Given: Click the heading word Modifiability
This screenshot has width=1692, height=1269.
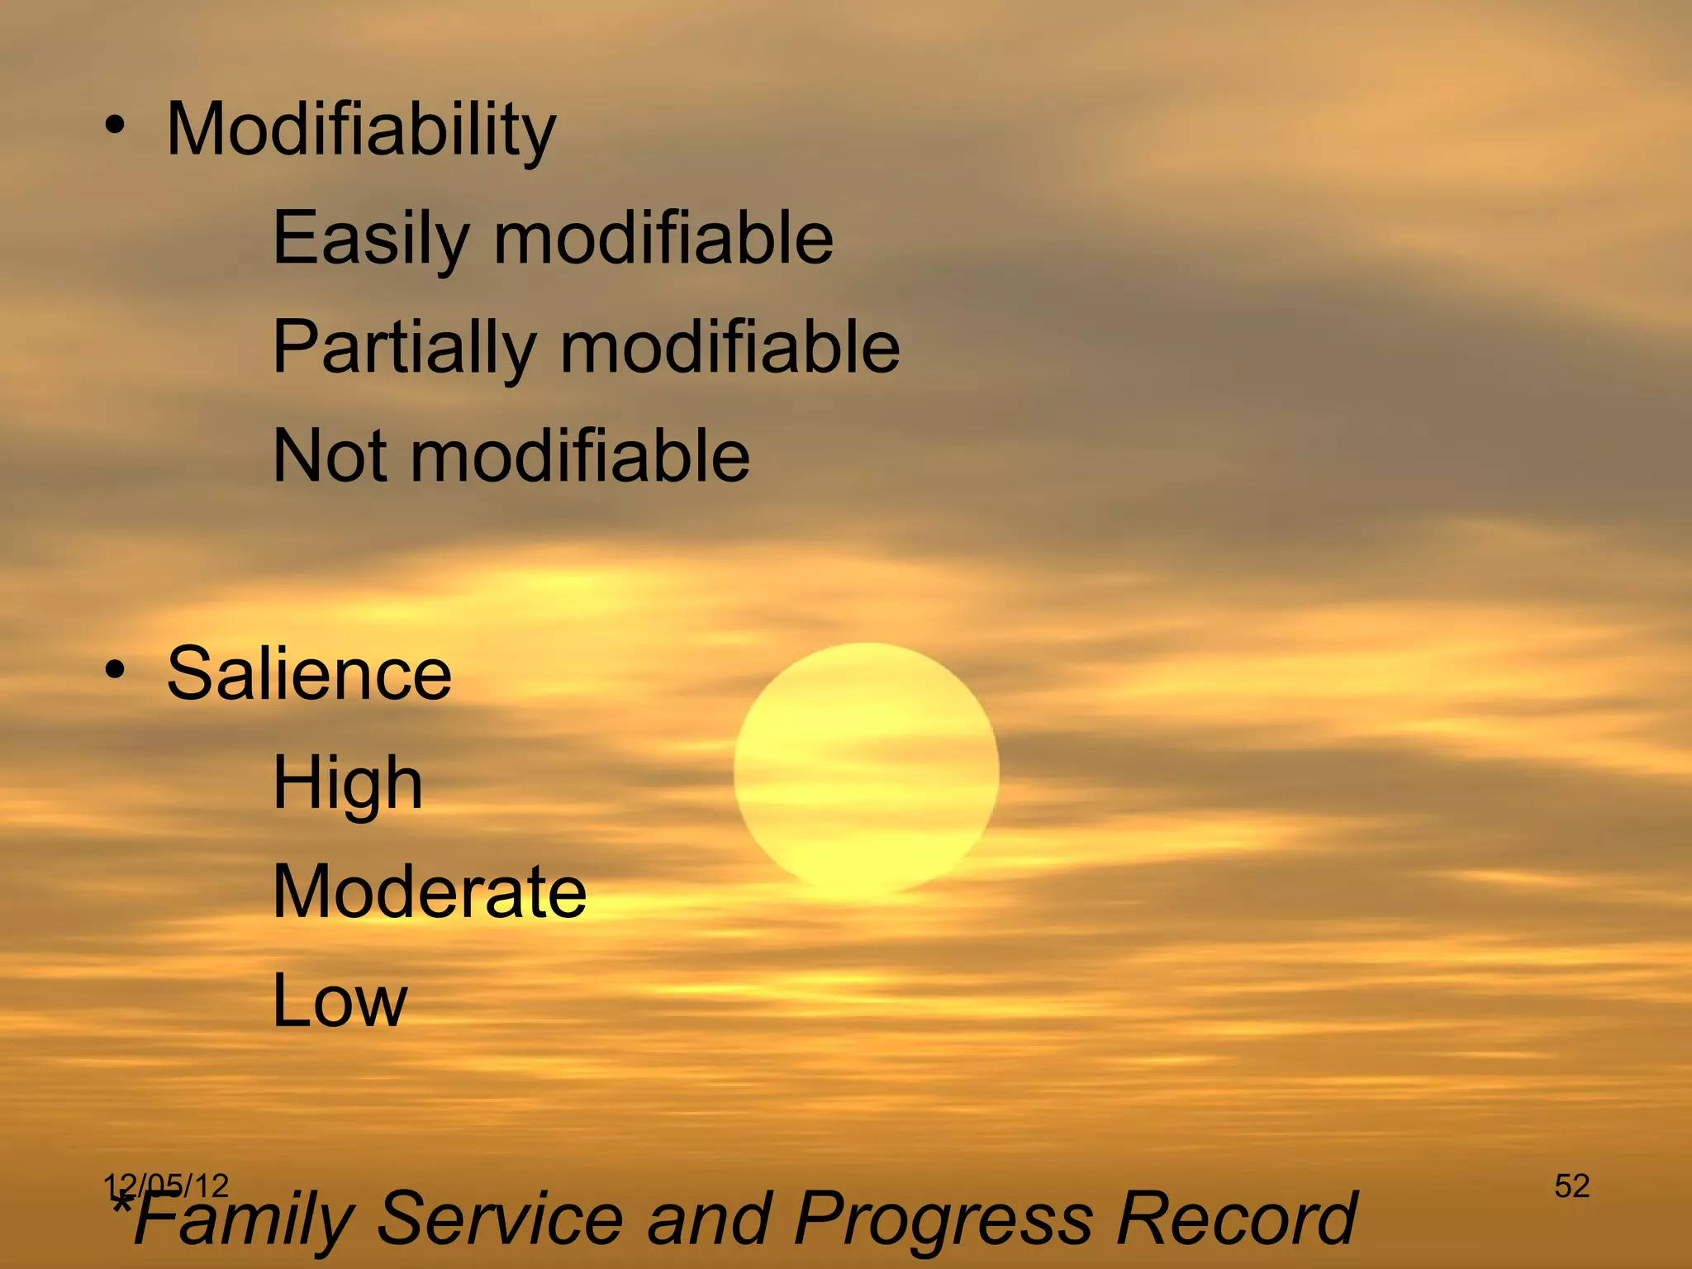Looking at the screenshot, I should (x=361, y=130).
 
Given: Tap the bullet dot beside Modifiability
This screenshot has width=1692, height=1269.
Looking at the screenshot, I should (x=116, y=126).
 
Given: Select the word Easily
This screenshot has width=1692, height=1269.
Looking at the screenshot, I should (x=371, y=239).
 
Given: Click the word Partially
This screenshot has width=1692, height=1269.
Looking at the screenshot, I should (x=404, y=348).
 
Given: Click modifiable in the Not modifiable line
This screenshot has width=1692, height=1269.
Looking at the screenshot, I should (x=580, y=455).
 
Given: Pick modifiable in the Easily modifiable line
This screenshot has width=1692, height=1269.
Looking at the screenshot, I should (x=663, y=239).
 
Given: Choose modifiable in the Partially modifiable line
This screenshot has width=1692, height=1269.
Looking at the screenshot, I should (x=730, y=348).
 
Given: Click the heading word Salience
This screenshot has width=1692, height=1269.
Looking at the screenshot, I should (x=309, y=674).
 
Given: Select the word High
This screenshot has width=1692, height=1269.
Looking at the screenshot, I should (x=348, y=783).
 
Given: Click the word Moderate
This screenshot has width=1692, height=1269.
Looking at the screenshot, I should (x=430, y=892).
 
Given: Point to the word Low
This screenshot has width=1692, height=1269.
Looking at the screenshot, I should (x=340, y=1000).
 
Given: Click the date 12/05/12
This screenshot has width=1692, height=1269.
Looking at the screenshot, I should (x=166, y=1186).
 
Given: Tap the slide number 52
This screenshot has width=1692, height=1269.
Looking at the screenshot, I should (x=1571, y=1186).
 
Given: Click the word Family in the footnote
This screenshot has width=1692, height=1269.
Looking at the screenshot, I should (x=244, y=1219).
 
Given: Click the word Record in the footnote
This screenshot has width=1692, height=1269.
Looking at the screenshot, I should (x=1236, y=1218).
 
